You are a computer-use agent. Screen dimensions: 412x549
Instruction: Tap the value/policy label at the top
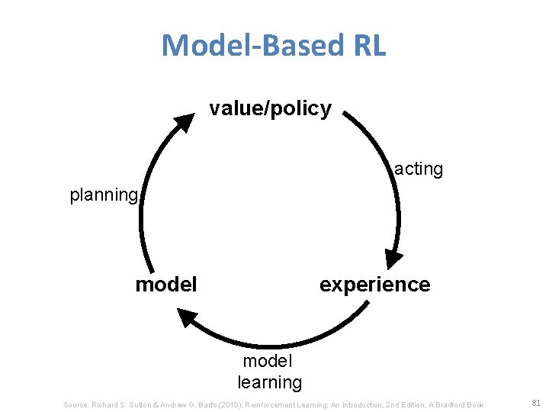271,108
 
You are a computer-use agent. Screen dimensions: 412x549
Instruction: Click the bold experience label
374,285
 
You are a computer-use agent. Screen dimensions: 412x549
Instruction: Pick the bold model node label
166,285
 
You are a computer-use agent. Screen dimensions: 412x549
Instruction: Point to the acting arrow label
419,169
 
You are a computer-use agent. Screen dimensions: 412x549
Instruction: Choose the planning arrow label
104,195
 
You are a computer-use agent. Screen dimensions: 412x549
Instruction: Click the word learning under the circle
269,381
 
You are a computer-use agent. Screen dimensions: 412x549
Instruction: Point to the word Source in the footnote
76,404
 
